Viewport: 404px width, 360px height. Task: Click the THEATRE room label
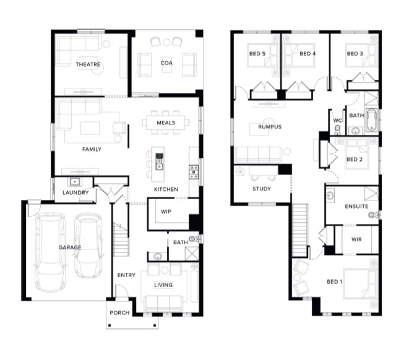88,64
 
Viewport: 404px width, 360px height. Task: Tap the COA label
166,63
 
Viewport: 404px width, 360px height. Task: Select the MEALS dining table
166,122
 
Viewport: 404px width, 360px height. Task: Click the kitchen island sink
160,161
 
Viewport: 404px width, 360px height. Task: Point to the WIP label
166,212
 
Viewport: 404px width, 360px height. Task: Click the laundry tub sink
75,182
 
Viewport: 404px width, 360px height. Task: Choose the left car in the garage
49,251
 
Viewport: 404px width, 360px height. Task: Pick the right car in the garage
88,245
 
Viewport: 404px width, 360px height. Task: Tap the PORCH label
119,313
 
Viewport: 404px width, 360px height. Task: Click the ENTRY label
126,275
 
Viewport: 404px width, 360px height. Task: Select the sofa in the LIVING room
163,303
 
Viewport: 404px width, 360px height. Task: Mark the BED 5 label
257,54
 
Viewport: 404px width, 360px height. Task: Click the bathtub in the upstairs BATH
371,120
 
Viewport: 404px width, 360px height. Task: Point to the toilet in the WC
337,129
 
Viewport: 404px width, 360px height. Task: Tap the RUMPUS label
270,127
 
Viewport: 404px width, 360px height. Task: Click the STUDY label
262,189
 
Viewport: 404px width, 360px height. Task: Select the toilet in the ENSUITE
374,215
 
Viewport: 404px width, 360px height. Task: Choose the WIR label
356,239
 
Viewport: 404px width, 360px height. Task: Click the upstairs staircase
300,230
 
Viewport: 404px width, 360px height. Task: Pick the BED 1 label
335,281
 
